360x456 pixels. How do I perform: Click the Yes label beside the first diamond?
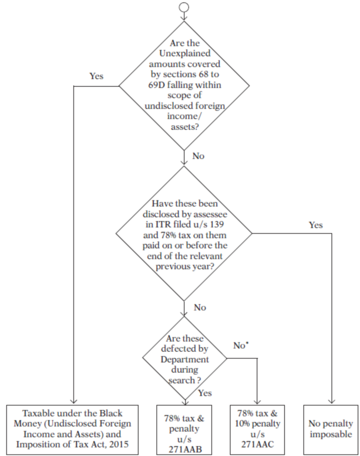tap(96, 76)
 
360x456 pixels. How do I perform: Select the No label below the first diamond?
tap(198, 156)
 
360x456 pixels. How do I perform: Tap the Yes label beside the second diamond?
tap(315, 225)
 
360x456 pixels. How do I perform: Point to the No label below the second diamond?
tap(200, 307)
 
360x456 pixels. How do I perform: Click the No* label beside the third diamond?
tap(241, 346)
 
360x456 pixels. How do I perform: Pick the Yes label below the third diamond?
tap(205, 393)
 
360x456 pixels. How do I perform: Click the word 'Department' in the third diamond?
tap(185, 360)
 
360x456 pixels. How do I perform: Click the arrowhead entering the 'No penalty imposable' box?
tap(331, 401)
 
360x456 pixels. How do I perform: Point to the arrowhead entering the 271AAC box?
tap(258, 401)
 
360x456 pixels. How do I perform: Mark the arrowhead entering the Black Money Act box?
tap(73, 401)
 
